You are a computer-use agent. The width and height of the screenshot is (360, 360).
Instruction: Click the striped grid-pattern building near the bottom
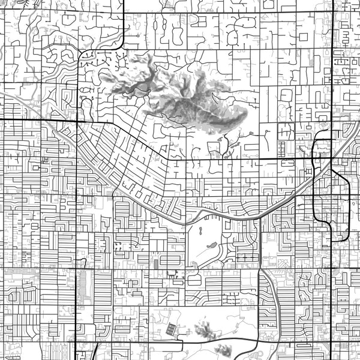[172, 329]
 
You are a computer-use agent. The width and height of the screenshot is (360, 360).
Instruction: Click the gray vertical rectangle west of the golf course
[156, 263]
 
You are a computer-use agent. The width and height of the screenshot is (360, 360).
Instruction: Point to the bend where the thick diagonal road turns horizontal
[170, 159]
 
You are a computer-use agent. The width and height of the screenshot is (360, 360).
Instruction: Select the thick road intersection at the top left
[123, 12]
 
